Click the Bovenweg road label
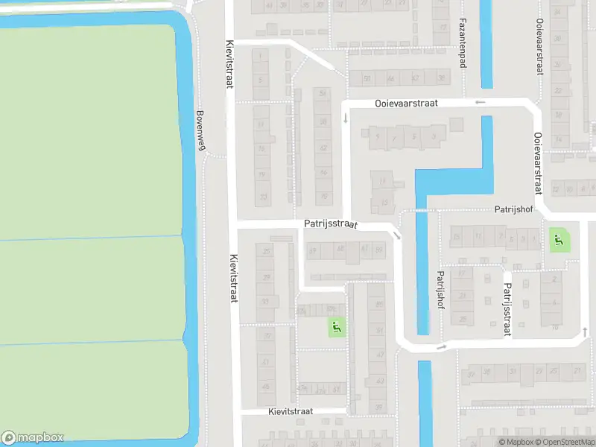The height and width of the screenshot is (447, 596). [200, 131]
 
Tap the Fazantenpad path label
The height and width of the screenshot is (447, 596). [463, 42]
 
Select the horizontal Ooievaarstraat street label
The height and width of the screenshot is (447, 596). [406, 104]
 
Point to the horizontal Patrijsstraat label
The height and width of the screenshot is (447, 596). [331, 223]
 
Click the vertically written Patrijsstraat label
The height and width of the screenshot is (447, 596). [506, 310]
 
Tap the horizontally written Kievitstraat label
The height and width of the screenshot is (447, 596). [291, 411]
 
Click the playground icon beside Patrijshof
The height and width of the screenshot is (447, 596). [558, 240]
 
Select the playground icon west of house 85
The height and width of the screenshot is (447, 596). [337, 326]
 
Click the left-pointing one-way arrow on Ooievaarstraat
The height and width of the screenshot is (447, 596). [481, 102]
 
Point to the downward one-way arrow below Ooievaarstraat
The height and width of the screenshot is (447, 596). [345, 118]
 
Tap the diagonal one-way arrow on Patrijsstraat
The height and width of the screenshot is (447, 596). [397, 235]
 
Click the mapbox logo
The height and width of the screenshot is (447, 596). [33, 438]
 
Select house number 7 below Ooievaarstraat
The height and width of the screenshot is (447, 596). [395, 138]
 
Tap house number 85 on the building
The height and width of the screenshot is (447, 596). [380, 305]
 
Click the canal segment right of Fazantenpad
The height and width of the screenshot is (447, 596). [486, 45]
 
